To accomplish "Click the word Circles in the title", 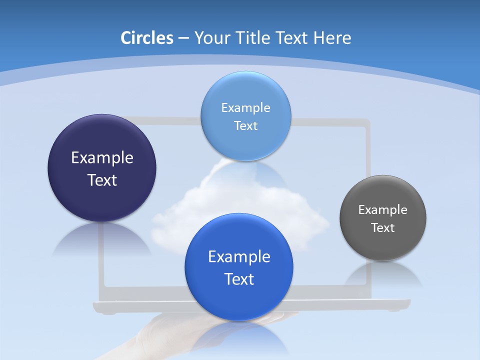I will pyautogui.click(x=146, y=38).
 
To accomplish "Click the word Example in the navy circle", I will pyautogui.click(x=102, y=158).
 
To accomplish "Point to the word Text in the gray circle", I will pyautogui.click(x=383, y=228).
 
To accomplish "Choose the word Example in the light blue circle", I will pyautogui.click(x=245, y=107).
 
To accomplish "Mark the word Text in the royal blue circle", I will pyautogui.click(x=239, y=279).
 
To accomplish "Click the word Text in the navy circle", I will pyautogui.click(x=102, y=180).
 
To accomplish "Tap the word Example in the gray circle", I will pyautogui.click(x=383, y=210).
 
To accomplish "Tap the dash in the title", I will pyautogui.click(x=183, y=38).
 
